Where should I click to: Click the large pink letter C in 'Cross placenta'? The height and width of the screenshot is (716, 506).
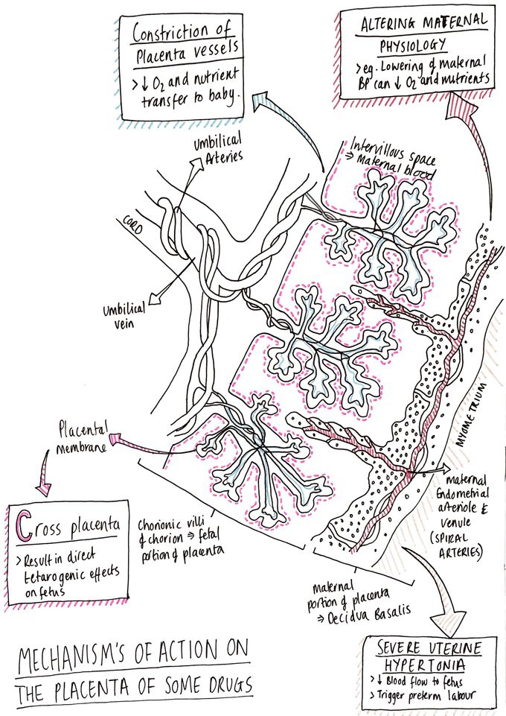24,526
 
